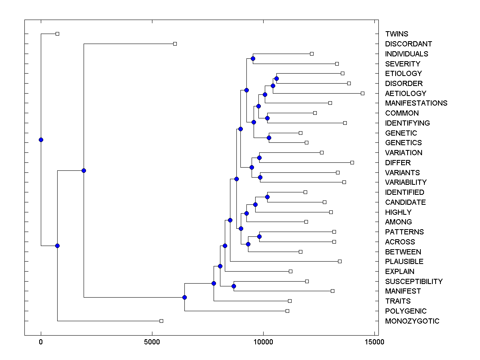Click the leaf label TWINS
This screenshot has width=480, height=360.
(x=396, y=34)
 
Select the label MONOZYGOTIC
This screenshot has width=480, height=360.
(x=412, y=321)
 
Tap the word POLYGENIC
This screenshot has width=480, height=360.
(x=406, y=311)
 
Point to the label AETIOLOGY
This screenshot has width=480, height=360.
(x=406, y=94)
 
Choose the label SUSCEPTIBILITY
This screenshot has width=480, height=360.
(x=414, y=282)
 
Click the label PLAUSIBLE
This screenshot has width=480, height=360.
(x=404, y=262)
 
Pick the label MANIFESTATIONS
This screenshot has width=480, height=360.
(x=416, y=103)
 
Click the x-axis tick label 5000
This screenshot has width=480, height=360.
(x=152, y=342)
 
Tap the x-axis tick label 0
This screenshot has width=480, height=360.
(x=41, y=342)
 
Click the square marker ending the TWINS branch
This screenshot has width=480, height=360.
(x=57, y=34)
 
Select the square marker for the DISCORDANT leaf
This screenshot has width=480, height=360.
(x=175, y=44)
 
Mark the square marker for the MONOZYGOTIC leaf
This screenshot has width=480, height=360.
(x=161, y=321)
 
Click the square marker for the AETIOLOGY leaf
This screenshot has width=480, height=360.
(x=362, y=93)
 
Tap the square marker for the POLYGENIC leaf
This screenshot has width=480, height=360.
(x=287, y=311)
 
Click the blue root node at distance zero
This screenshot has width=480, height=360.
(x=41, y=140)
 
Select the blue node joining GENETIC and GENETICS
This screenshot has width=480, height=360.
(x=269, y=138)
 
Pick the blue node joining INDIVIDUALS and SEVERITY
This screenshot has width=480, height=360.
(x=253, y=58)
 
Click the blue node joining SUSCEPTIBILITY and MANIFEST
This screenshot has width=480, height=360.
(x=234, y=286)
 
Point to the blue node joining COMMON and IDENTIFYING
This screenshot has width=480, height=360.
(x=267, y=118)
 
